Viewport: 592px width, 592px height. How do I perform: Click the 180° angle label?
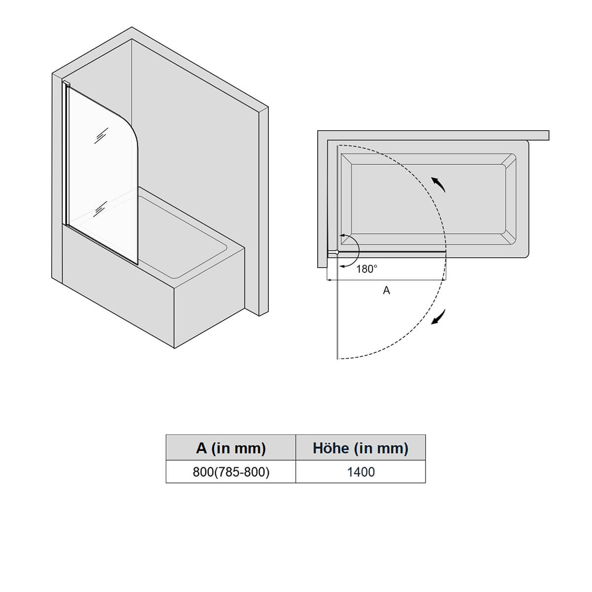pos(367,269)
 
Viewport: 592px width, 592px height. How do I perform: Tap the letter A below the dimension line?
pos(386,290)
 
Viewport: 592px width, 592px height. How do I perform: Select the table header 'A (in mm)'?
pos(231,448)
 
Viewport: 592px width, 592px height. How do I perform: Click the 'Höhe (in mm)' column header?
pos(360,448)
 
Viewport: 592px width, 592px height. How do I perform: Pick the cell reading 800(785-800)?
pos(231,472)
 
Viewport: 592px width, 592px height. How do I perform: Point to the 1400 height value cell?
pos(361,472)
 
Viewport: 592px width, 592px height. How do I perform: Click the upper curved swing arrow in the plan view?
pos(438,185)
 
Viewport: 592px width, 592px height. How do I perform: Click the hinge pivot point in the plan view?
pos(337,252)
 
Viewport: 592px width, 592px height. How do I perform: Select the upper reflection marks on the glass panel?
pos(101,135)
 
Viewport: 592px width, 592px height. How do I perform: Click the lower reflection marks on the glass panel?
pos(100,209)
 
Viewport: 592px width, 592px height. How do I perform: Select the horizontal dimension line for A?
pos(386,280)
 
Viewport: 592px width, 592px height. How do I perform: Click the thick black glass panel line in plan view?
pos(392,251)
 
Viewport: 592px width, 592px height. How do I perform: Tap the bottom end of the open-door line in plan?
pos(337,359)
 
